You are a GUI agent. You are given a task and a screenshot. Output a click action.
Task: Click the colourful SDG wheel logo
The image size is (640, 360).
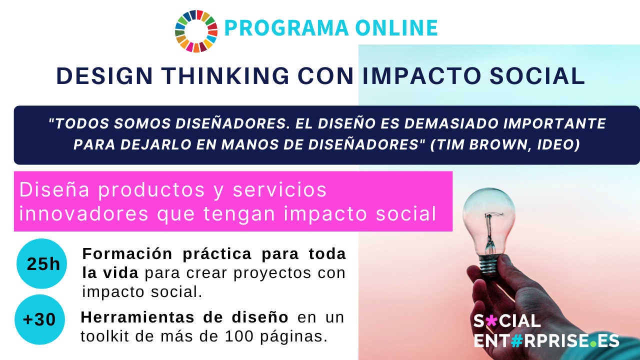(196, 31)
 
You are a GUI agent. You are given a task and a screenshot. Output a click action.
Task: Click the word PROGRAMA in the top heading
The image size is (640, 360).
(286, 28)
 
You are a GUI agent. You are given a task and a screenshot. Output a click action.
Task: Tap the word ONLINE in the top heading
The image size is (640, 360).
(396, 28)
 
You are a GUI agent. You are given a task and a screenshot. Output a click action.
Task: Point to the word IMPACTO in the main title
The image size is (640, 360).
(422, 76)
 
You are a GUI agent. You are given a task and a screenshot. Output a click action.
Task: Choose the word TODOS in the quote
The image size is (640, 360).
(80, 123)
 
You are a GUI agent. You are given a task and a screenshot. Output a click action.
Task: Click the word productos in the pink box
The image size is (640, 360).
(151, 190)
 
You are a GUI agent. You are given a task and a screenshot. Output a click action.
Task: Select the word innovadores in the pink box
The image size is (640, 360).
(83, 213)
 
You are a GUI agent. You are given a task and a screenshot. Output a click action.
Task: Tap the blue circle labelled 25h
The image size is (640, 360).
(41, 263)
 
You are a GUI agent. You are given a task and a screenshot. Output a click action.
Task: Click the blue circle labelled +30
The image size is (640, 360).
(39, 319)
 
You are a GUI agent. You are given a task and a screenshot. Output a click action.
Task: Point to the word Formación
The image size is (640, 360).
(127, 254)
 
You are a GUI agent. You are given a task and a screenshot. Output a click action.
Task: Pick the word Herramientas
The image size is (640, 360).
(137, 317)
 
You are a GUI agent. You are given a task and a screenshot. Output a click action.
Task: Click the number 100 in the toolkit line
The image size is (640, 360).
(239, 336)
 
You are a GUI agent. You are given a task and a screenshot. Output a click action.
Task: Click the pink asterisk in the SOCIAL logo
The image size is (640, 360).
(491, 320)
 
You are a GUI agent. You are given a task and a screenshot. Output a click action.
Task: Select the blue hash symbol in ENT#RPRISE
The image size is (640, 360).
(517, 340)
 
